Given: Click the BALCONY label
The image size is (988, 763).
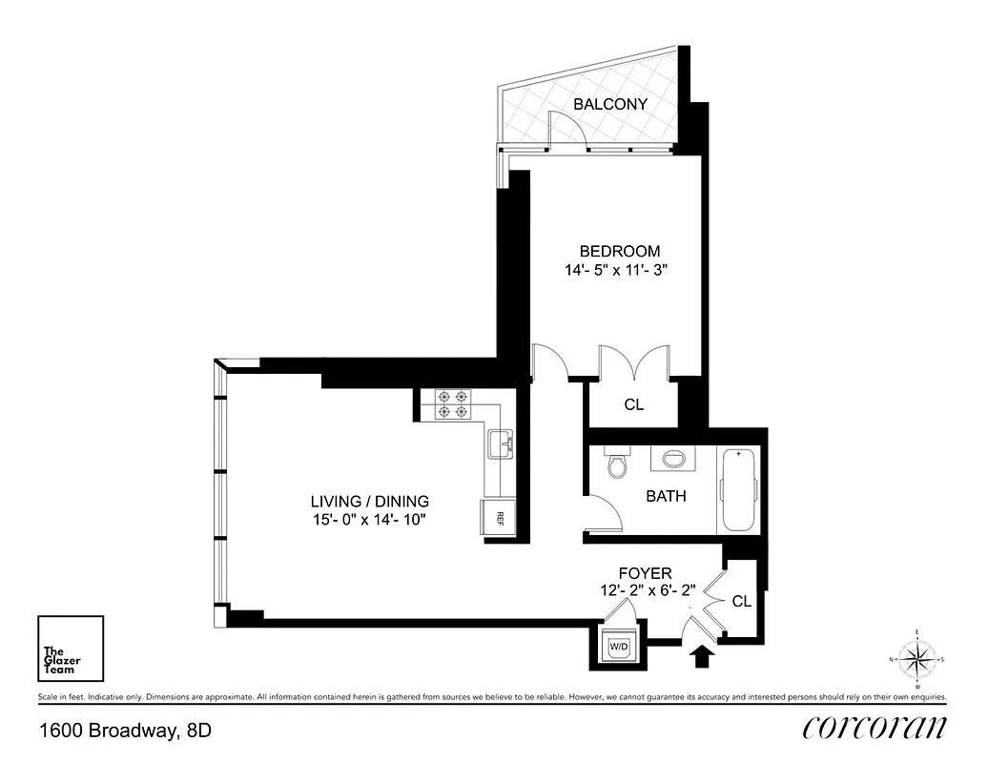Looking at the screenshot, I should click(610, 104).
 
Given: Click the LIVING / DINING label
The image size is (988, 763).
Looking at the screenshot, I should click(370, 501).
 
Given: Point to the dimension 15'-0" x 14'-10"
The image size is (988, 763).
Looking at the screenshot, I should click(370, 520).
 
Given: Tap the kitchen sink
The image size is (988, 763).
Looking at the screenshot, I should click(501, 443).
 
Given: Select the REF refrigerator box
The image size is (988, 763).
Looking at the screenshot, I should click(497, 518).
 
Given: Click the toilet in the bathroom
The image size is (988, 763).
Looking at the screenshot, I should click(617, 464).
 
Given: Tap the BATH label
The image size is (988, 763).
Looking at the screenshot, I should click(666, 496).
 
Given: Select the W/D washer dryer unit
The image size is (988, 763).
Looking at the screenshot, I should click(619, 647).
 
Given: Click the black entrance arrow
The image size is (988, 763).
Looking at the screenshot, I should click(702, 656).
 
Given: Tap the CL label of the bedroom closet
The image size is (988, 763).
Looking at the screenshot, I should click(634, 404).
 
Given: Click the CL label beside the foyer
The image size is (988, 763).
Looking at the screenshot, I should click(741, 602).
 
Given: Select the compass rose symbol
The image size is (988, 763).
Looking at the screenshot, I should click(916, 659).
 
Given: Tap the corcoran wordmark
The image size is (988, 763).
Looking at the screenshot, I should click(875, 728).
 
